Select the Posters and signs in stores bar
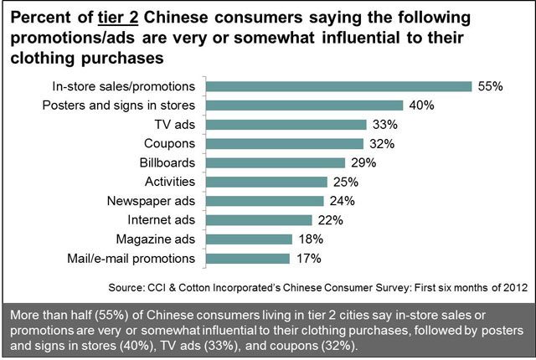pyautogui.click(x=303, y=105)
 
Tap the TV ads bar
pyautogui.click(x=286, y=125)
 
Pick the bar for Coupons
pyautogui.click(x=284, y=143)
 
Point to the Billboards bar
pyautogui.click(x=276, y=162)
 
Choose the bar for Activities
pyautogui.click(x=266, y=182)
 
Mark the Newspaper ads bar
pyautogui.click(x=265, y=201)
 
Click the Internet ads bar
pyautogui.click(x=260, y=220)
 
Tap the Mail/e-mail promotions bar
pyautogui.click(x=248, y=258)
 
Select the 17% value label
pyautogui.click(x=309, y=258)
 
